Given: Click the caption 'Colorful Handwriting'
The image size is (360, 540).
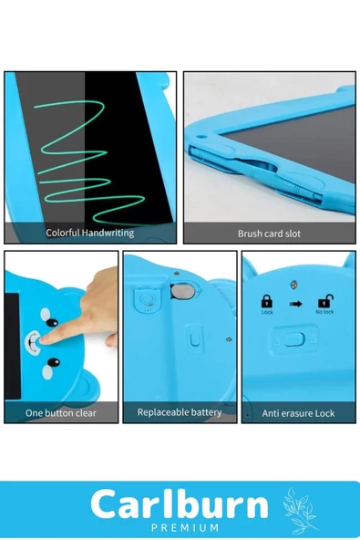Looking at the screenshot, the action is click(90, 233).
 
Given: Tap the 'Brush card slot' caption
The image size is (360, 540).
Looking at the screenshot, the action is click(269, 234).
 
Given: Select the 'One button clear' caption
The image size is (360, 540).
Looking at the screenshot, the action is click(61, 412).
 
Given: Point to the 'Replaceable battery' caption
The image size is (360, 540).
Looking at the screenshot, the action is click(180, 412).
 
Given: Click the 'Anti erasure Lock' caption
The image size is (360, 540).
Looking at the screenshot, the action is click(298, 413).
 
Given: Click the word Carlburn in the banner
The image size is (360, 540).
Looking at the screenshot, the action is click(180, 504).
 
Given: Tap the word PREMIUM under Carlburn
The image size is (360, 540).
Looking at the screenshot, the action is click(185, 527).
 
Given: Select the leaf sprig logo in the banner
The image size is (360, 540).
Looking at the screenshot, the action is click(299, 511).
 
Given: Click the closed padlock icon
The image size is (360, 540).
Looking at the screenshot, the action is click(267, 301).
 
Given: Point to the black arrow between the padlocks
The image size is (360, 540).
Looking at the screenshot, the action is click(296, 304).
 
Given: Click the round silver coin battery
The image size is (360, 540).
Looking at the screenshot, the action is click(183, 291).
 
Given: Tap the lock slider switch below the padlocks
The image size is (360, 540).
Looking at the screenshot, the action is click(294, 338).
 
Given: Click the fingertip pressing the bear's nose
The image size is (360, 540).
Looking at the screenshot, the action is click(44, 340).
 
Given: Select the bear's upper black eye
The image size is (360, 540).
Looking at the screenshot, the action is click(52, 323).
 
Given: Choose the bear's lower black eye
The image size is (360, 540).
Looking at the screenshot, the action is click(54, 362).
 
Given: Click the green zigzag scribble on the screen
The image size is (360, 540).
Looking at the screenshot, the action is click(90, 161).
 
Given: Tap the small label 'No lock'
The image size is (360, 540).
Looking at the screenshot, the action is click(324, 312).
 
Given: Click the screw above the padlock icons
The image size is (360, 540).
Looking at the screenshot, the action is click(293, 285).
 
